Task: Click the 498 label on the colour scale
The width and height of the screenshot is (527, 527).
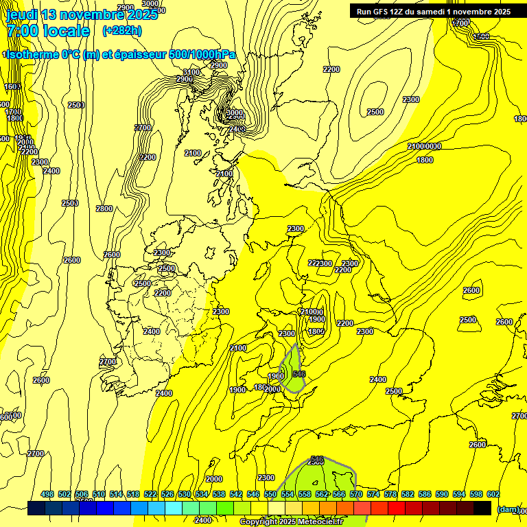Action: pyautogui.click(x=47, y=494)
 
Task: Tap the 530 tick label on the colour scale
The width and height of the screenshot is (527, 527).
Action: pyautogui.click(x=185, y=494)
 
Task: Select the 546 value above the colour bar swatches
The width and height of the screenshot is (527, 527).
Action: pyautogui.click(x=253, y=494)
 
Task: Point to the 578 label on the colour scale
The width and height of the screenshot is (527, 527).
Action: pyautogui.click(x=390, y=494)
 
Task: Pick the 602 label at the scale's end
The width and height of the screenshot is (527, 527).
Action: pyautogui.click(x=493, y=494)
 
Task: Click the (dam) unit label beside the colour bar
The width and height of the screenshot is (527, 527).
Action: pyautogui.click(x=508, y=508)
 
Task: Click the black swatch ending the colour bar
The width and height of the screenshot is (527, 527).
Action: pyautogui.click(x=482, y=508)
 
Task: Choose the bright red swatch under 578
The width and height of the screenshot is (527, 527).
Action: pyautogui.click(x=397, y=508)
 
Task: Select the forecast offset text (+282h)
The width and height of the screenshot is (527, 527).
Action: pyautogui.click(x=122, y=31)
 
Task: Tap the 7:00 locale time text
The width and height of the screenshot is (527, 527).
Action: pyautogui.click(x=48, y=31)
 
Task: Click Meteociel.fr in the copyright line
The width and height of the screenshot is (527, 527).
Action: pyautogui.click(x=315, y=522)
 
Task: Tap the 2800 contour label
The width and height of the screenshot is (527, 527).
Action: pyautogui.click(x=104, y=209)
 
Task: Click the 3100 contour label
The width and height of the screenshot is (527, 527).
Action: pyautogui.click(x=191, y=72)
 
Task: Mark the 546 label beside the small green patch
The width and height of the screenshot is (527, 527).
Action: pyautogui.click(x=298, y=374)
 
